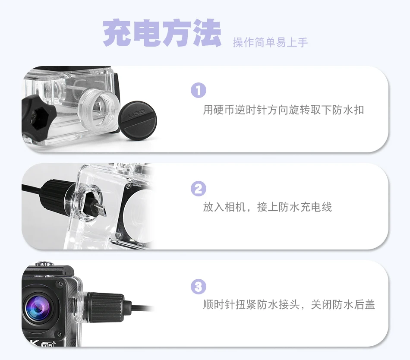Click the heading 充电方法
point(162,33)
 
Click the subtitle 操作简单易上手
point(270,42)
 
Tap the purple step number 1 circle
point(199,90)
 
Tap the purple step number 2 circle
point(199,189)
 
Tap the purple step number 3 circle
point(199,286)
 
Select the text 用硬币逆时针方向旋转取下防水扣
point(284,110)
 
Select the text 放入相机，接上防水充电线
point(268,207)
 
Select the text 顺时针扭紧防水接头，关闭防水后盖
point(289,305)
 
